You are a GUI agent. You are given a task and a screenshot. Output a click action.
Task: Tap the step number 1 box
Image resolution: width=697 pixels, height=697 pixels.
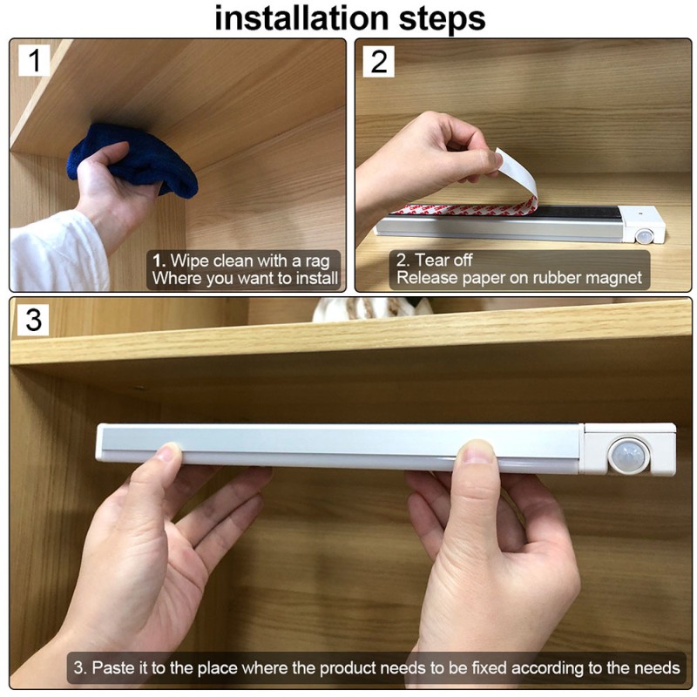33,60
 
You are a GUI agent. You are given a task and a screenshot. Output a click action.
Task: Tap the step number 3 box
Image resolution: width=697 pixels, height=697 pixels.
33,320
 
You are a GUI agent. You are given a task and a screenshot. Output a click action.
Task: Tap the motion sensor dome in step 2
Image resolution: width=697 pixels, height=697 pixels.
645,234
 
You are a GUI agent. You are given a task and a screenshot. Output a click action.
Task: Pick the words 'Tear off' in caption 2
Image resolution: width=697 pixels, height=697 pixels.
443,260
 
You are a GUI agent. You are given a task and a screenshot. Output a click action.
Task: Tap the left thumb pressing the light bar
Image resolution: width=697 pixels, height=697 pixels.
168,454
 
